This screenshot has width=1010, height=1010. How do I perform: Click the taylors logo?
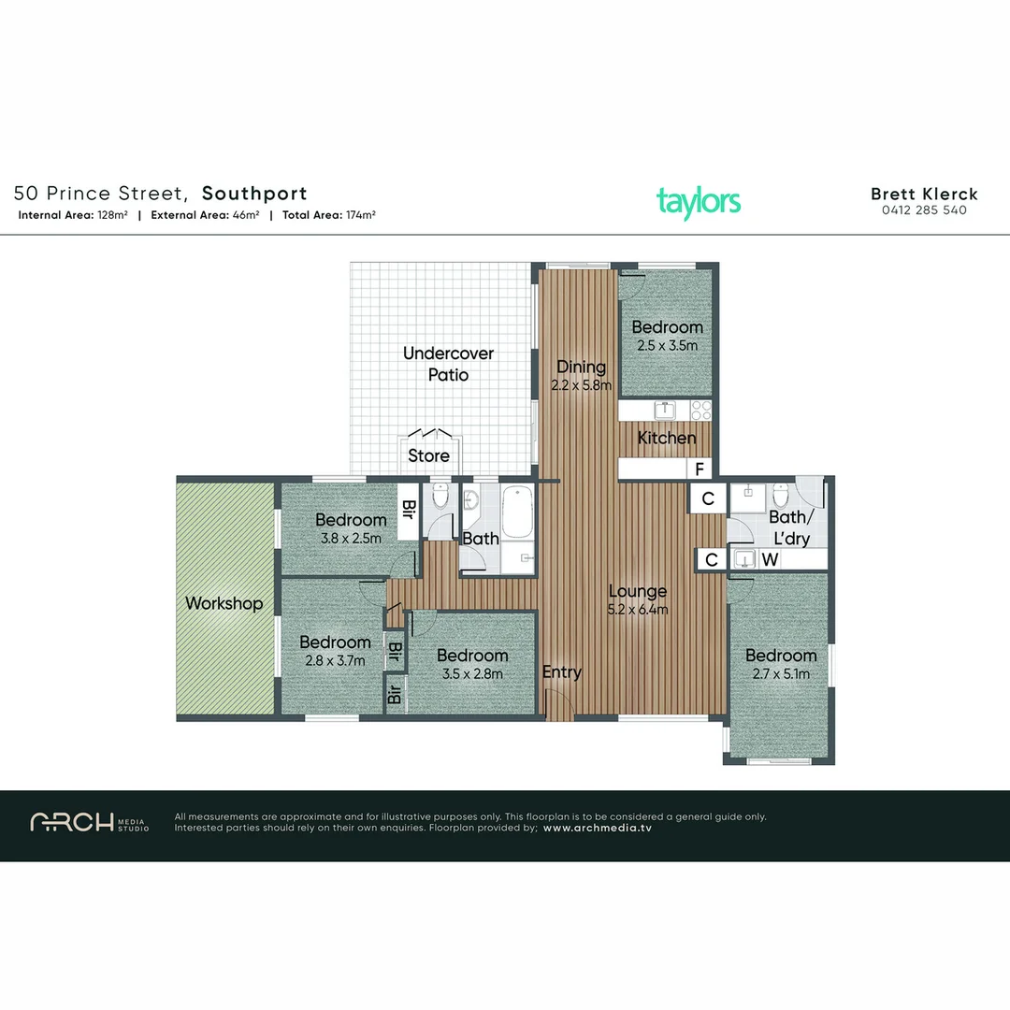click(699, 203)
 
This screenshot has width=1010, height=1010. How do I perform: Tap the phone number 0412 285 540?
click(924, 210)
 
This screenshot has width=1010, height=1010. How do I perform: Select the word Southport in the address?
click(254, 194)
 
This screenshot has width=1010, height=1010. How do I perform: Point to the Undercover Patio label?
click(448, 364)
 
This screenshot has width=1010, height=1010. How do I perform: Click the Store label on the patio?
click(428, 455)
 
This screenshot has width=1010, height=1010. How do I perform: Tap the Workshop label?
click(224, 603)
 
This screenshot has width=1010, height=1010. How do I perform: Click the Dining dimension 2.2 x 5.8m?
click(581, 385)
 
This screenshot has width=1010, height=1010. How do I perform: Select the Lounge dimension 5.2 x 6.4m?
click(638, 610)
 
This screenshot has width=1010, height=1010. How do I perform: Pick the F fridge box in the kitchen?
click(700, 469)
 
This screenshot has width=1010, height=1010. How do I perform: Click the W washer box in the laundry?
click(770, 559)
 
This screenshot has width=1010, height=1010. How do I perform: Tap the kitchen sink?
click(664, 410)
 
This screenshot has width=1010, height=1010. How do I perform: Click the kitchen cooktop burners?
click(700, 411)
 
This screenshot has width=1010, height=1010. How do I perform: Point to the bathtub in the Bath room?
click(517, 512)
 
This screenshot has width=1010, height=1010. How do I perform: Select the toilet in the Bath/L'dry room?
click(781, 495)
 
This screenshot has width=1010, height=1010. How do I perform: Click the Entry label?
click(562, 671)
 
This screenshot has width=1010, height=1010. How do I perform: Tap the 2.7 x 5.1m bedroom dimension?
click(781, 673)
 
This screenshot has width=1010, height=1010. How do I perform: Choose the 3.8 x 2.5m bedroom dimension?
click(351, 538)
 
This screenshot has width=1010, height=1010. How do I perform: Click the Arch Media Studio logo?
click(90, 823)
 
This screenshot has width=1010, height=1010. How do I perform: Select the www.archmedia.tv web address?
click(597, 829)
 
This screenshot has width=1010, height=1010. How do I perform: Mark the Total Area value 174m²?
click(361, 215)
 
